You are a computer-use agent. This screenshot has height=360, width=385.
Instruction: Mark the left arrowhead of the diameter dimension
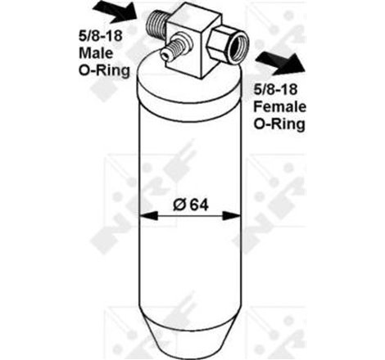[148, 217]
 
